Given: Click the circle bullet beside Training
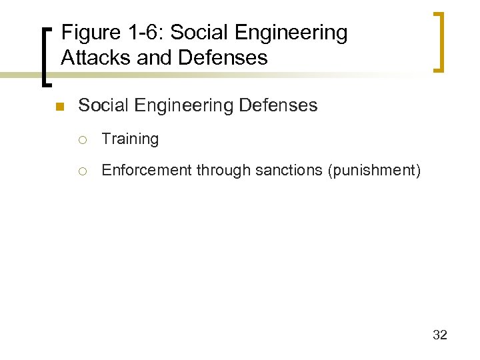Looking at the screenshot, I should [85, 139].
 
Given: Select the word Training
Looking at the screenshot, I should [130, 139].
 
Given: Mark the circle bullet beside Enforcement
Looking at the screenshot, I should [85, 171].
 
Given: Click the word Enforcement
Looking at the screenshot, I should [147, 171].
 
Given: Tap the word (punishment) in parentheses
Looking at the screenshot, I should [373, 171].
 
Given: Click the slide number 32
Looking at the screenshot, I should [439, 335].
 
